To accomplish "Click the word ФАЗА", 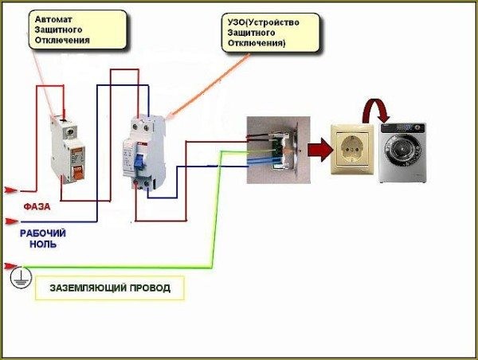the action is (x=37, y=206).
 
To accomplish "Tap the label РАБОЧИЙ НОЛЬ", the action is (x=43, y=239).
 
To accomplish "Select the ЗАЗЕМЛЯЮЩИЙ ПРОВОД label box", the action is (x=110, y=288).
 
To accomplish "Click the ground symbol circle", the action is (x=21, y=277).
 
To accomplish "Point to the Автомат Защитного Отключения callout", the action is (x=77, y=29).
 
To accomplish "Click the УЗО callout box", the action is (x=271, y=33).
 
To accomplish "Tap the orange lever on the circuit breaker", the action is (x=78, y=173).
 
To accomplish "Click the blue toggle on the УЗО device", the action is (x=139, y=162).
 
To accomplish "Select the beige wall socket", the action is (x=352, y=149).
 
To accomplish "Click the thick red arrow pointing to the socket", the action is (x=320, y=150).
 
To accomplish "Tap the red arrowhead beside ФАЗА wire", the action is (x=11, y=190).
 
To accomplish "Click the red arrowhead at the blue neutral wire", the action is (x=11, y=221).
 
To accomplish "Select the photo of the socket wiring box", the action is (x=278, y=150).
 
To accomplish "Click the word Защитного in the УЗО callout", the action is (x=251, y=33).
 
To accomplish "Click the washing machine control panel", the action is (x=402, y=128).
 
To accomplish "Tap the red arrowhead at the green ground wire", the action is (x=10, y=265).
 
